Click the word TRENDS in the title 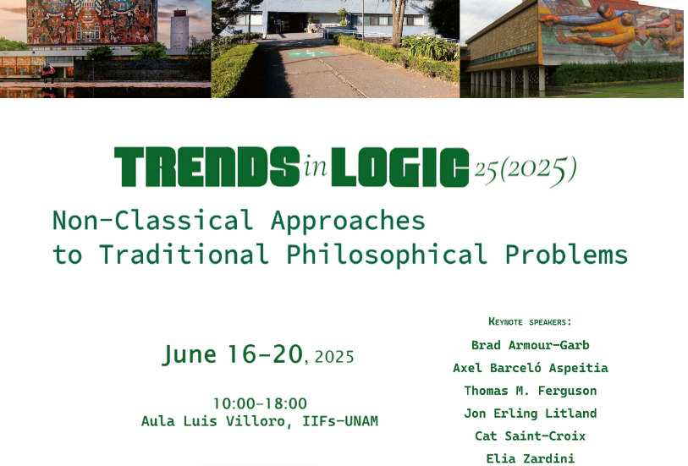(207, 167)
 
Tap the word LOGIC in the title (400, 167)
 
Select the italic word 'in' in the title (316, 166)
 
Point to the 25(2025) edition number (526, 170)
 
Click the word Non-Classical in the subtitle (152, 220)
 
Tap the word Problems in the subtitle (566, 255)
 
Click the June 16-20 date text (233, 354)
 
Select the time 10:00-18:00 (260, 403)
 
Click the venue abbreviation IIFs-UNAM (340, 421)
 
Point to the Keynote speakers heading (530, 321)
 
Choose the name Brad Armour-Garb (531, 345)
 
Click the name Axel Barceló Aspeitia (531, 368)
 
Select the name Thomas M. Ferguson (531, 391)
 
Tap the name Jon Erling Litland (531, 414)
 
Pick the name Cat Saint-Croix (531, 436)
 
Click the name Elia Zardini (531, 459)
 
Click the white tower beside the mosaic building (179, 31)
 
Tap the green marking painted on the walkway (311, 54)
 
